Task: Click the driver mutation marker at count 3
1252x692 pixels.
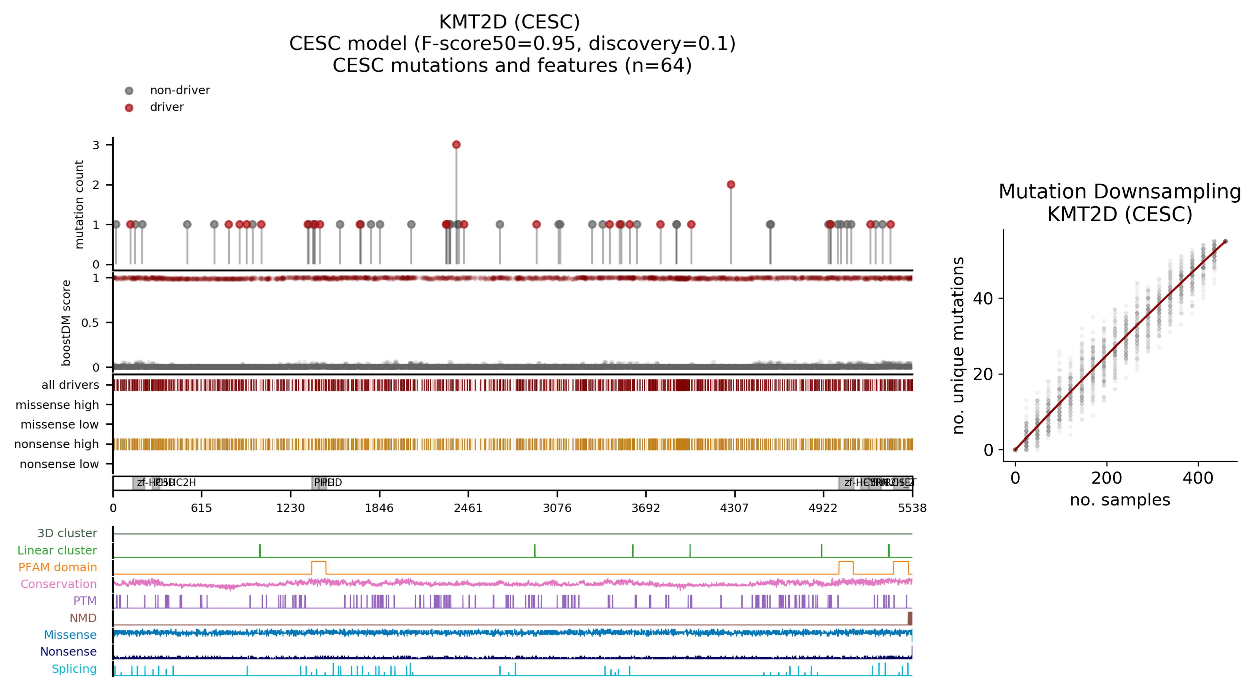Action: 456,145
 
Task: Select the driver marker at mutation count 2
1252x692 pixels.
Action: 730,185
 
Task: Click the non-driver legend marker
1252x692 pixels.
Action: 129,91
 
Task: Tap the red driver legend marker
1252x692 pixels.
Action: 129,107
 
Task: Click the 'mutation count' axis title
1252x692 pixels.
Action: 79,204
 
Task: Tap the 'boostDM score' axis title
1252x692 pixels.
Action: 66,323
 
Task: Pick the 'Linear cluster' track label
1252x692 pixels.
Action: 57,550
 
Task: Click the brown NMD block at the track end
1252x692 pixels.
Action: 909,618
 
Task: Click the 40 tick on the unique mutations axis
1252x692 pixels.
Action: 983,298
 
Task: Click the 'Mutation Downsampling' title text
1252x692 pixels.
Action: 1119,192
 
